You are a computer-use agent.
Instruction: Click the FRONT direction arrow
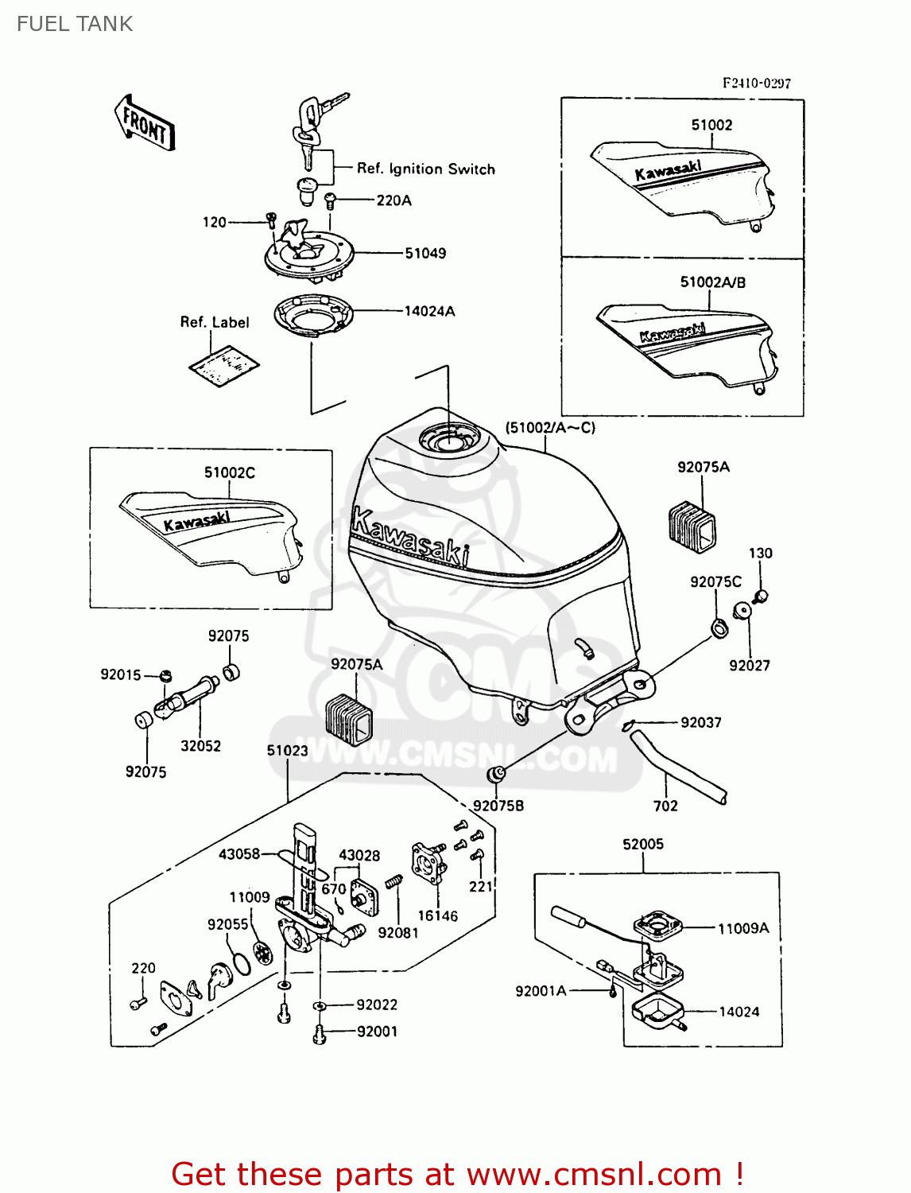(145, 123)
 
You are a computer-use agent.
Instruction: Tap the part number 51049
(425, 254)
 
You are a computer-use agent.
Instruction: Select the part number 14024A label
(429, 312)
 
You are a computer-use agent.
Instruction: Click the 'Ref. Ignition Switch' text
(425, 169)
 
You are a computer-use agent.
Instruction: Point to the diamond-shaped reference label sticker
(224, 365)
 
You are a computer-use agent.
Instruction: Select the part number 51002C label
(229, 472)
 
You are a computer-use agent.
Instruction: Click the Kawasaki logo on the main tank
(409, 537)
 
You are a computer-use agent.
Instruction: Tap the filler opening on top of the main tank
(449, 438)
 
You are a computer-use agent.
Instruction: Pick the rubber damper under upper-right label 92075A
(692, 526)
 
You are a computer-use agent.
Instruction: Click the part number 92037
(700, 722)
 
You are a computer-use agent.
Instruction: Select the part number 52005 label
(642, 844)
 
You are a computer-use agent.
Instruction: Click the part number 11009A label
(742, 928)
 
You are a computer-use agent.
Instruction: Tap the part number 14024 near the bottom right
(738, 1012)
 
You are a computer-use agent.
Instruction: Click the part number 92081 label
(397, 933)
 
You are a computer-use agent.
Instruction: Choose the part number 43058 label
(239, 853)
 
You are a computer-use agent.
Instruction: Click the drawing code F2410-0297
(756, 83)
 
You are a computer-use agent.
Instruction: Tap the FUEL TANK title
(75, 24)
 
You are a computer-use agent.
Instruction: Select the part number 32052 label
(200, 746)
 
